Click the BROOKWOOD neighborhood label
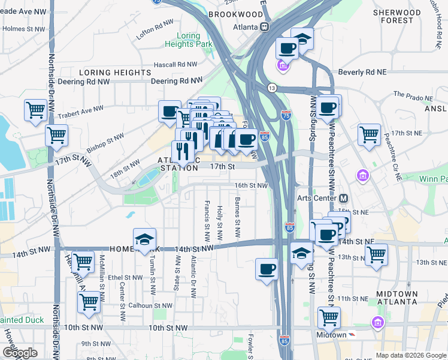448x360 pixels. [235, 14]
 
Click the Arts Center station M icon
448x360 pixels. [344, 198]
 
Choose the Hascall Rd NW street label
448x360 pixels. [175, 64]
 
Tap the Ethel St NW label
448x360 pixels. [123, 278]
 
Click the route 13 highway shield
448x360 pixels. [272, 88]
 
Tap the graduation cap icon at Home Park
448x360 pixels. [144, 240]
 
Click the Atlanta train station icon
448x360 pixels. [264, 27]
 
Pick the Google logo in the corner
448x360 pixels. [20, 353]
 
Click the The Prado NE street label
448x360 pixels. [413, 95]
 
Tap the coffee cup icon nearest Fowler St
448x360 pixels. [267, 269]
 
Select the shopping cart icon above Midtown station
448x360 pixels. [329, 317]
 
